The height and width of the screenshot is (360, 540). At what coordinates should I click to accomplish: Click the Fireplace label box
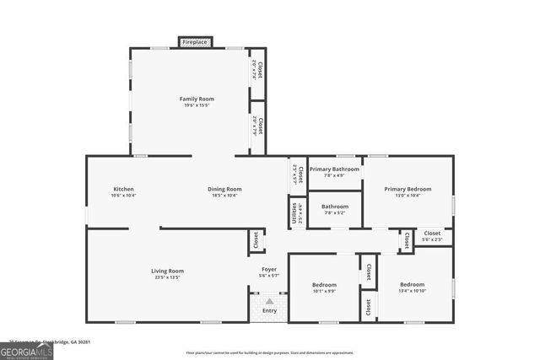195,41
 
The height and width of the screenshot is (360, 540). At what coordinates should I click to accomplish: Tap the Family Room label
196,99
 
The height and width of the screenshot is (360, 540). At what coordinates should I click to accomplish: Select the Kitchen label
123,189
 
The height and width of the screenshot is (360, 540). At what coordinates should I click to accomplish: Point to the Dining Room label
224,189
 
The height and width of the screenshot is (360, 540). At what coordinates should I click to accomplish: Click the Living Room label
167,271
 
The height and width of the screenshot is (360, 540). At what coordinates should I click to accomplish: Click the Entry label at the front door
269,311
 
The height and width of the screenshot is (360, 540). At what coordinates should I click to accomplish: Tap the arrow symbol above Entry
269,300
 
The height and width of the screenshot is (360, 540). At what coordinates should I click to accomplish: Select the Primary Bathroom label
334,169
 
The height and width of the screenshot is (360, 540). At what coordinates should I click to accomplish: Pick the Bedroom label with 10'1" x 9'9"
324,285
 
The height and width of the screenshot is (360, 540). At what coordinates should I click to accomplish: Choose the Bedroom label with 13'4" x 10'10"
412,285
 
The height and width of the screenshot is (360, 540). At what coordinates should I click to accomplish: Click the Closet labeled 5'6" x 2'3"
432,239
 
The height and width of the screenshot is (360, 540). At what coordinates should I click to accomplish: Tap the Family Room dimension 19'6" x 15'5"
196,105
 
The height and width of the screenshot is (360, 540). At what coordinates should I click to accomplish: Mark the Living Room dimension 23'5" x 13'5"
167,277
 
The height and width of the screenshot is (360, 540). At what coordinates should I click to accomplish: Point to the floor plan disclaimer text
269,352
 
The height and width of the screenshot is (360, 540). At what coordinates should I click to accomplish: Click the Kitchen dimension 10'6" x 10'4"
123,195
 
